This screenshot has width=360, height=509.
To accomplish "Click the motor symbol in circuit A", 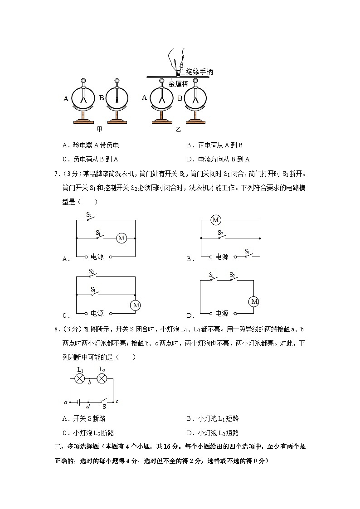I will click(x=121, y=238).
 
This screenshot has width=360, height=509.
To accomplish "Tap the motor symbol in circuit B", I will click(x=216, y=220).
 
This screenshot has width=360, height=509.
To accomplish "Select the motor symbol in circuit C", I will click(x=136, y=305).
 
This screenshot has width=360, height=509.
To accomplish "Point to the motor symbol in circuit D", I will click(x=254, y=301).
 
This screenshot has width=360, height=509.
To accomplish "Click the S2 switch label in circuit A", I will click(x=89, y=215).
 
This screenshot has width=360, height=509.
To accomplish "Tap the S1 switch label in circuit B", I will click(x=247, y=251).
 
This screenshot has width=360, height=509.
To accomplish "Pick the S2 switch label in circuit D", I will click(x=232, y=275).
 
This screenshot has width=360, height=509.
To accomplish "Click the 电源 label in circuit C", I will click(x=97, y=313).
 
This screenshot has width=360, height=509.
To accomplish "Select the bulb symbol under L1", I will click(x=80, y=378).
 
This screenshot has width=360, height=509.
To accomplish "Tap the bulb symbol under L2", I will click(x=102, y=378).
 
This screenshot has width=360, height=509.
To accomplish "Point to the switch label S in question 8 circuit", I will click(x=104, y=407).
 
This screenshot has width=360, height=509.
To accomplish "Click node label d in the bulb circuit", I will click(x=88, y=407).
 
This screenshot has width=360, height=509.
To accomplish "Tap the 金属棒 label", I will click(x=178, y=84).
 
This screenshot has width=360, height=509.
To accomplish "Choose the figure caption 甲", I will click(x=99, y=129).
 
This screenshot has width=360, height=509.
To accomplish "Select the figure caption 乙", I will click(x=178, y=130).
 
